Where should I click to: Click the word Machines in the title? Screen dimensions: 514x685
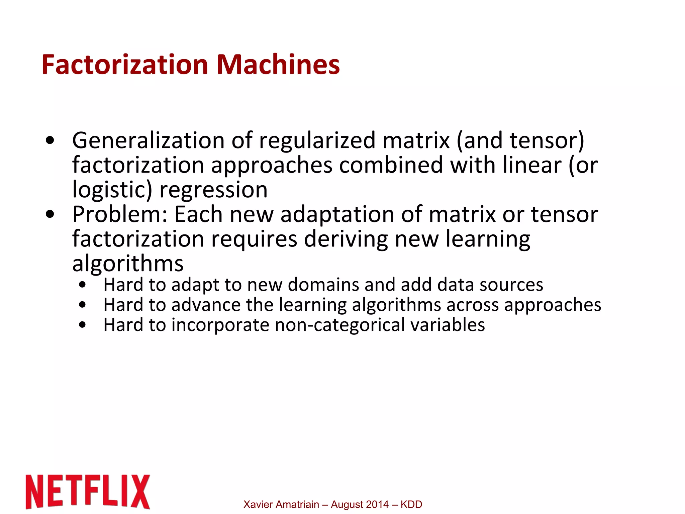click(278, 64)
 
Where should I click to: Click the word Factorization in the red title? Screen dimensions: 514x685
click(125, 64)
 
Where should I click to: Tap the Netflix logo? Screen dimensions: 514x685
click(88, 491)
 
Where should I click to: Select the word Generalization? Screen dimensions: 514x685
click(148, 140)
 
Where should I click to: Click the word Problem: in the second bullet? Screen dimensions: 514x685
click(119, 214)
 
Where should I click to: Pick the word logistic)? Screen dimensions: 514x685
click(112, 190)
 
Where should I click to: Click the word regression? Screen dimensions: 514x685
click(213, 190)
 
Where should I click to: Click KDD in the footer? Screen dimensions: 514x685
click(411, 504)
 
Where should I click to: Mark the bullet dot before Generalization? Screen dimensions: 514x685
click(50, 141)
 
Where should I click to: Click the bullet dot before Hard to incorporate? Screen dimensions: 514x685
click(83, 325)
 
